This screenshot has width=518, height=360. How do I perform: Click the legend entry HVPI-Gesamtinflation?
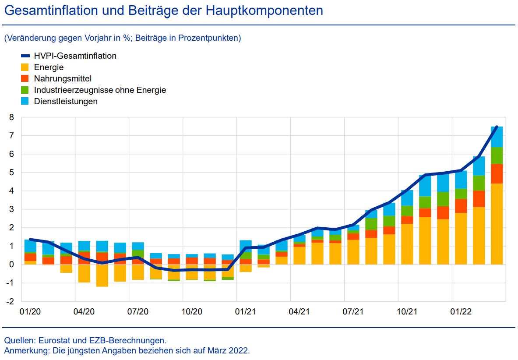coord(75,56)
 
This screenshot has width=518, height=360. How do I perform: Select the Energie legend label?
coord(49,67)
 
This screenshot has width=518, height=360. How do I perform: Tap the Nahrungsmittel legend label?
coord(63,78)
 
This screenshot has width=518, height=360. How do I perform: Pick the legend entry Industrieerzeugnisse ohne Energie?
coord(100,90)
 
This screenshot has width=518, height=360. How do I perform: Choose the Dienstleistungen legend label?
coord(66,101)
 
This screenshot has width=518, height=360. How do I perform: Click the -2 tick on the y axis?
coord(11,301)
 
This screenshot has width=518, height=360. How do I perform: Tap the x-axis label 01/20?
coord(30,312)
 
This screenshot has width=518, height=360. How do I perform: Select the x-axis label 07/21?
coord(353,312)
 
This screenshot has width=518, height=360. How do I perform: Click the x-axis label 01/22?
coord(461,312)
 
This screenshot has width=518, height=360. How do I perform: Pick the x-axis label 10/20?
coord(192,312)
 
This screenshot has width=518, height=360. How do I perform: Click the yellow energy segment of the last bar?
coord(497,223)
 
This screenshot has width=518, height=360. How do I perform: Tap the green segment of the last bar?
coord(497,155)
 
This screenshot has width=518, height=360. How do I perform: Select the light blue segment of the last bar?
coord(497,137)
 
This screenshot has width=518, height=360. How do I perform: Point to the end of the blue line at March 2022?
coord(497,127)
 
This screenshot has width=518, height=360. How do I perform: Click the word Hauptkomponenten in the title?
coord(264,11)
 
